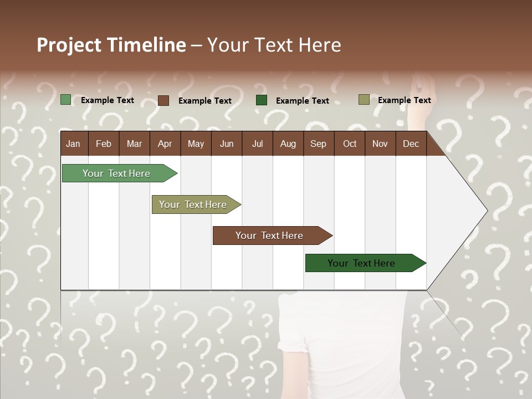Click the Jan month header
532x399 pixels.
(73, 144)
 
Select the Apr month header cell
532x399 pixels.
(165, 144)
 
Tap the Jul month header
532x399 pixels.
(257, 144)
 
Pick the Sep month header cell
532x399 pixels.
(318, 144)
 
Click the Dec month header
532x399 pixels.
(411, 144)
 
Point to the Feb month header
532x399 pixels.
(104, 144)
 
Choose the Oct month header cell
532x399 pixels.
(350, 144)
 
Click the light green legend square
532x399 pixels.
(66, 100)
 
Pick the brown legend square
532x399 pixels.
(163, 100)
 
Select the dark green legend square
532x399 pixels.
(262, 100)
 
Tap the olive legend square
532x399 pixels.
(364, 100)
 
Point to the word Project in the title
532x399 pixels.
(69, 45)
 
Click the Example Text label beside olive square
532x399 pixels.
(404, 100)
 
